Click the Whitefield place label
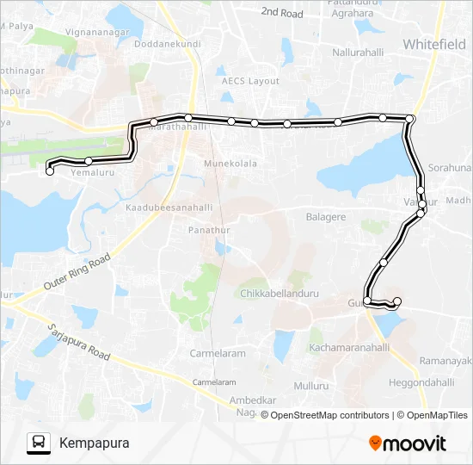pyautogui.click(x=434, y=44)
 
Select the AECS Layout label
pyautogui.click(x=251, y=80)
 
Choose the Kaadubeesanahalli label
pyautogui.click(x=169, y=208)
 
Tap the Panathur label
pyautogui.click(x=209, y=230)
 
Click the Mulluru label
pyautogui.click(x=312, y=387)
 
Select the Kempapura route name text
pyautogui.click(x=95, y=443)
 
